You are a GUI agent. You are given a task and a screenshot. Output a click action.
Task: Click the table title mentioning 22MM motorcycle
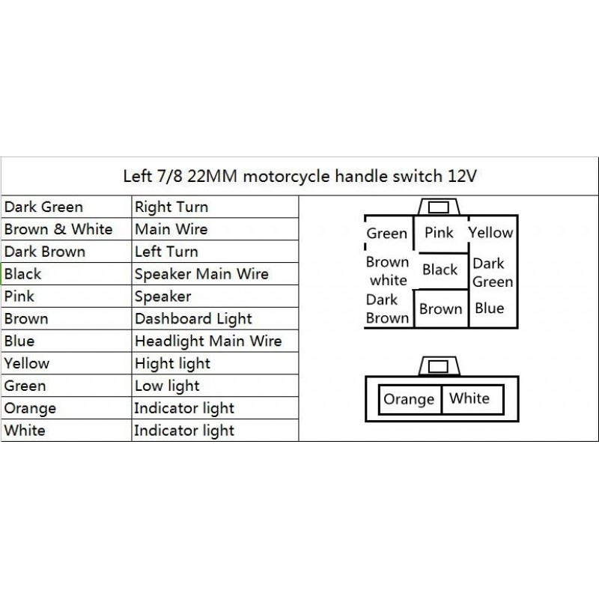[x=300, y=177]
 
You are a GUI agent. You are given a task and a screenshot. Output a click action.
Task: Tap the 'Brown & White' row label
[x=58, y=229]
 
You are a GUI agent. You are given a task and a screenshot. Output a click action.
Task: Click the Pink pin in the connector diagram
[x=439, y=232]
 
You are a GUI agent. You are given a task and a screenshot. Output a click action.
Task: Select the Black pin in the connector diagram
[x=440, y=270]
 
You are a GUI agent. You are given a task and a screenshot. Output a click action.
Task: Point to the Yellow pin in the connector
[x=491, y=232]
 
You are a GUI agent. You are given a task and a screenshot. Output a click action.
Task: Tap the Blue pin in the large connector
[x=490, y=308]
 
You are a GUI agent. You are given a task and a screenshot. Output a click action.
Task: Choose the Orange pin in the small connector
[x=409, y=399]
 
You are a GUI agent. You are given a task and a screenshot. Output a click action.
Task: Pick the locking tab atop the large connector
[x=439, y=207]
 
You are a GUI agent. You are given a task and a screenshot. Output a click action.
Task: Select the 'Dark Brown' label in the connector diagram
[x=387, y=308]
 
